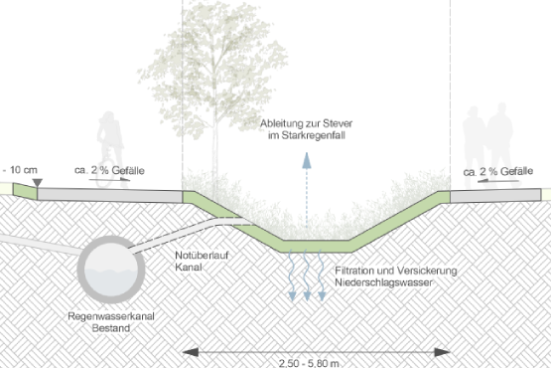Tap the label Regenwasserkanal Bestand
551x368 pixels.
[111, 322]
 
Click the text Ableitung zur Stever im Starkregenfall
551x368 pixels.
[306, 129]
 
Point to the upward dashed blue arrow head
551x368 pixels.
[307, 160]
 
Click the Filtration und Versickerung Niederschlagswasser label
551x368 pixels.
[396, 276]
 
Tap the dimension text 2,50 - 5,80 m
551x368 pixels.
[309, 363]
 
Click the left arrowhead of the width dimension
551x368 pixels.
[191, 352]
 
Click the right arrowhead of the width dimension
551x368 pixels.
[442, 352]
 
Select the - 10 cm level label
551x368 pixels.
[20, 170]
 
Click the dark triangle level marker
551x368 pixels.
[38, 183]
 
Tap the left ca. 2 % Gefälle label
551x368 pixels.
[109, 170]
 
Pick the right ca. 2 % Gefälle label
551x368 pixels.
[498, 171]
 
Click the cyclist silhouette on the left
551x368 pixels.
[110, 149]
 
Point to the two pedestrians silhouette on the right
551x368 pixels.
[488, 145]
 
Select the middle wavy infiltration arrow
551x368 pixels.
[307, 276]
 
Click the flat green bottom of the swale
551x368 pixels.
[317, 246]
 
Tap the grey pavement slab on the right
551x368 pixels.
[495, 196]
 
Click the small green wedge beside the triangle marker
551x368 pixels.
[25, 191]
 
